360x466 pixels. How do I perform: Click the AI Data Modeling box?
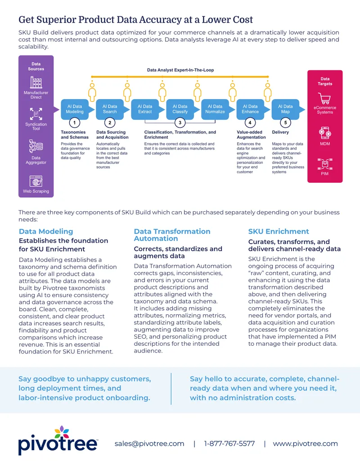(x=75, y=109)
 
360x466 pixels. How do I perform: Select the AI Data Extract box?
(x=145, y=109)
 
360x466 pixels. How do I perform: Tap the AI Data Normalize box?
(x=215, y=109)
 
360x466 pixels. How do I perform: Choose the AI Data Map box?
(x=285, y=109)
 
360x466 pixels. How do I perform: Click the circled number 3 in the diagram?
(x=180, y=122)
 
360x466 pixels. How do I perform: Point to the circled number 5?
(x=285, y=122)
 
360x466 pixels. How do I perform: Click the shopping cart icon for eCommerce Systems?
(x=324, y=98)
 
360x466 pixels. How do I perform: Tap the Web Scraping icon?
(x=36, y=181)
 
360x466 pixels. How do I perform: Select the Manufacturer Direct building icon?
(x=36, y=82)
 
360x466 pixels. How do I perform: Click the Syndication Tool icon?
(x=36, y=114)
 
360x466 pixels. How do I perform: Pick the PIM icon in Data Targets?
(x=324, y=164)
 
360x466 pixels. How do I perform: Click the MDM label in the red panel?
(x=325, y=144)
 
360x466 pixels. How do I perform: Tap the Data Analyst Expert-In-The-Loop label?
(x=180, y=70)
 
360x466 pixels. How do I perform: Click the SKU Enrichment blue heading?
(x=279, y=231)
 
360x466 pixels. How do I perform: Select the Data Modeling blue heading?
(x=46, y=231)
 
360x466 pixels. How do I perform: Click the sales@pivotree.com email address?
(x=149, y=443)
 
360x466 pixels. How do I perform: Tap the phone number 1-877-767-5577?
(x=229, y=443)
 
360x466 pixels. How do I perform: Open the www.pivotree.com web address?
(x=306, y=443)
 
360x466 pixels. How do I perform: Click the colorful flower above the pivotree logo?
(x=62, y=432)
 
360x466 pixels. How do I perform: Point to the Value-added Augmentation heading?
(x=251, y=135)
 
